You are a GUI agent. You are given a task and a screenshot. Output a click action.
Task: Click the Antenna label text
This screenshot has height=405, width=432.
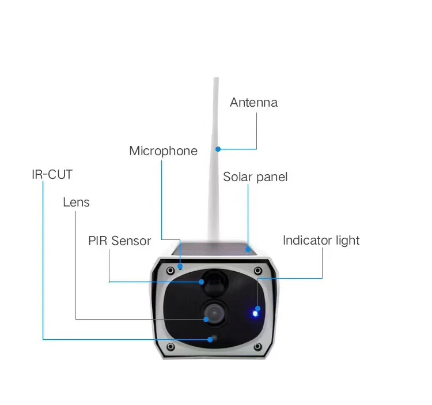[254, 102]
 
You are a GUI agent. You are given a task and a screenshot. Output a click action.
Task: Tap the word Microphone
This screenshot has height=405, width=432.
[164, 151]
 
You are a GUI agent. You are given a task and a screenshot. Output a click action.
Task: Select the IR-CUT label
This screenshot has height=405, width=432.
[52, 174]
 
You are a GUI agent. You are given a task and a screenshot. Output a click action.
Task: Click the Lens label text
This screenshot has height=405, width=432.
[76, 202]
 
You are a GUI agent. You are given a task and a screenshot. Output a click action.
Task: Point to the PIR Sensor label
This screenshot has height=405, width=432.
[120, 241]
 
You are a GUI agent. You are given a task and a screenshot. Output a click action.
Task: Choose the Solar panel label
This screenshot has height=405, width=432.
[255, 177]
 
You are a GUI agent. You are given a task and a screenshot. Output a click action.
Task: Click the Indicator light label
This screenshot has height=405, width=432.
[321, 241]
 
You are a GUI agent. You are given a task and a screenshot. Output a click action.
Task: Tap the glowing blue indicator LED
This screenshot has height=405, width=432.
[255, 314]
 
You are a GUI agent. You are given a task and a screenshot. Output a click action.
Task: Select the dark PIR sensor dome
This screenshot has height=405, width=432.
[215, 283]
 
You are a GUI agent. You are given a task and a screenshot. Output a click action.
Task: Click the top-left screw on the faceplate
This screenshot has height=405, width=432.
[170, 271]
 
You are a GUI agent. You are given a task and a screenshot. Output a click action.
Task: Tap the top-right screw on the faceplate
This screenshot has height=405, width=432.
[257, 271]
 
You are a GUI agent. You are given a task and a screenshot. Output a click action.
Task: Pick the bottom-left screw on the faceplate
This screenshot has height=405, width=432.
[170, 346]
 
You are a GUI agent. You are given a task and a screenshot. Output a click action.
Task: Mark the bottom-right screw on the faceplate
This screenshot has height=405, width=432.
[257, 346]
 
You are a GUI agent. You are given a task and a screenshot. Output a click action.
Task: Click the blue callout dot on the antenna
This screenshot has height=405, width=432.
[218, 149]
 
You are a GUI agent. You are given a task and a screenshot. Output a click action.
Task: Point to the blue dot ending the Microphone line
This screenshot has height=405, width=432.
[180, 267]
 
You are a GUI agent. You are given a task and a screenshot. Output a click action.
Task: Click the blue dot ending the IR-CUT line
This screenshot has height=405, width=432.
[210, 340]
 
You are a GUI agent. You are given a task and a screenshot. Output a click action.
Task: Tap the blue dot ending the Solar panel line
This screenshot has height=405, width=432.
[248, 250]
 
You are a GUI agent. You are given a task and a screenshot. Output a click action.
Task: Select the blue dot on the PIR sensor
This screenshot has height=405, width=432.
[202, 282]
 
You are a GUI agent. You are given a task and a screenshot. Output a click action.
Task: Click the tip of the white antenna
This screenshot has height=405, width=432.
[216, 78]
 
